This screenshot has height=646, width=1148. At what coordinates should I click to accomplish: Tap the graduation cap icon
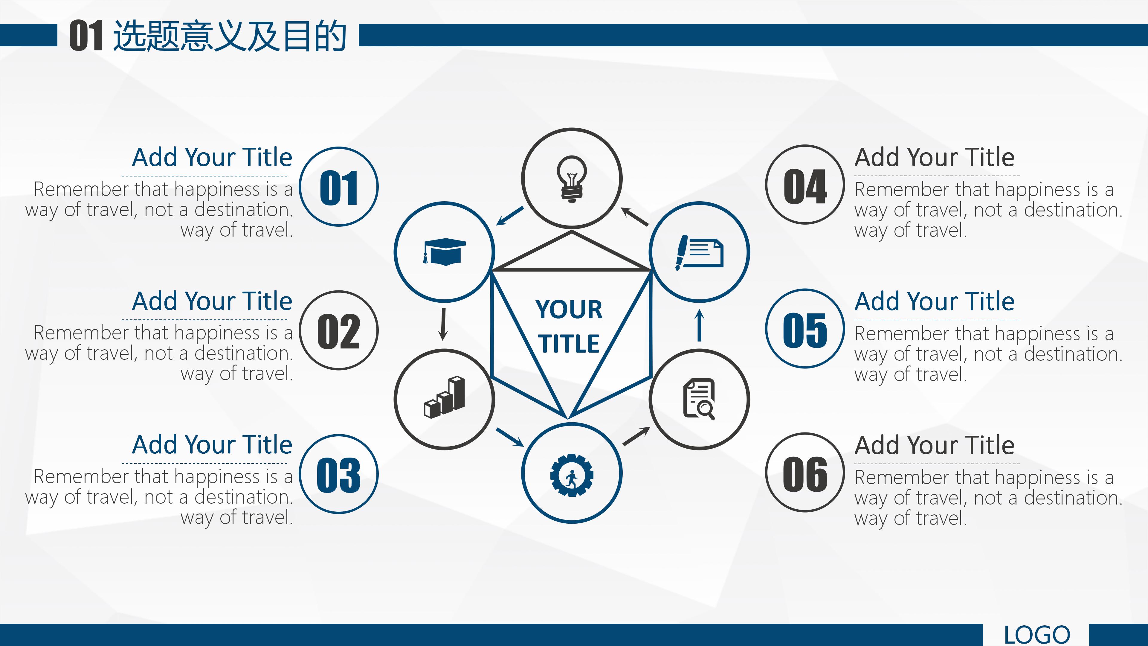444,252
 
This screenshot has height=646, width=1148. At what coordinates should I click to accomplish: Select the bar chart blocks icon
444,398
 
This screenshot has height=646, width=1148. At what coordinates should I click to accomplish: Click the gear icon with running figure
572,475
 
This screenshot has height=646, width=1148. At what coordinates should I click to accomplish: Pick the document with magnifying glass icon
699,399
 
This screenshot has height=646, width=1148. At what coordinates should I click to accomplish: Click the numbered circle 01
339,187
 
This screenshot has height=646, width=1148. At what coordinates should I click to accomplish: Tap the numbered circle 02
339,330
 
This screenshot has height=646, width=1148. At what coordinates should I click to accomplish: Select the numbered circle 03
339,474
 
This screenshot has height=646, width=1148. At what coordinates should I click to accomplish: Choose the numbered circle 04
805,185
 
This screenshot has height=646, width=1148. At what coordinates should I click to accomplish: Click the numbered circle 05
805,329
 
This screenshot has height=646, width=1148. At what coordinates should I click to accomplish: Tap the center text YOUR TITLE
569,326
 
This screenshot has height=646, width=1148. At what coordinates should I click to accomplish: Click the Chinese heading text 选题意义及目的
230,36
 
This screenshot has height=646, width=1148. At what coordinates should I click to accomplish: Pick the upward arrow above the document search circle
700,325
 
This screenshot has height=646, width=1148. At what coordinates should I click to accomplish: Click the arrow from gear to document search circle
636,436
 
